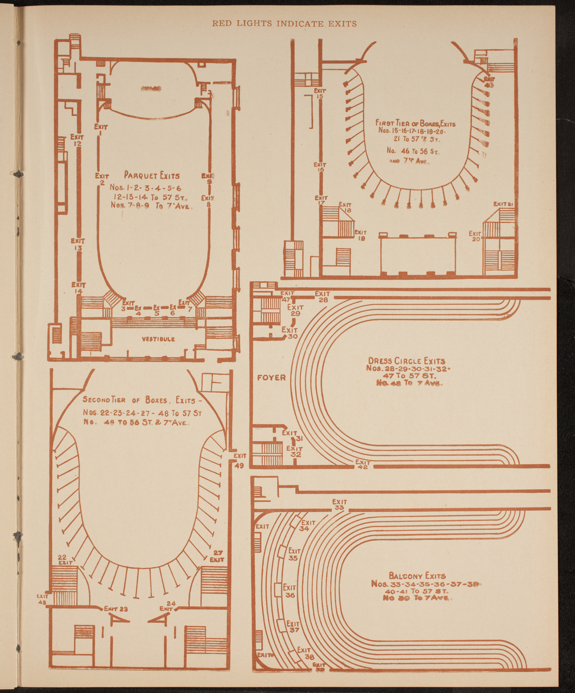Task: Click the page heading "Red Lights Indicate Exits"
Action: click(x=284, y=24)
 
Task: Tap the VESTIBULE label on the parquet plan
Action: click(x=158, y=339)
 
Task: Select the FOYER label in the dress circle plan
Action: click(x=272, y=377)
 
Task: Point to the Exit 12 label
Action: click(x=77, y=140)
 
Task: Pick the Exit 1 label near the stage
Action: click(x=101, y=129)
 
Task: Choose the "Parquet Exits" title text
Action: click(x=151, y=176)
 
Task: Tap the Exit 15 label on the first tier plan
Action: click(x=320, y=94)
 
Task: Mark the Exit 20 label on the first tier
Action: click(x=476, y=236)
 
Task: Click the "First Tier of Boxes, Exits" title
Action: click(x=415, y=123)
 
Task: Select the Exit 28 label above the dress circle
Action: click(x=322, y=297)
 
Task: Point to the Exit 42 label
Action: click(x=363, y=464)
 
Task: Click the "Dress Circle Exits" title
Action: click(x=406, y=361)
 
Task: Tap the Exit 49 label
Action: click(x=239, y=460)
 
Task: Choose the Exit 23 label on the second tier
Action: click(x=116, y=608)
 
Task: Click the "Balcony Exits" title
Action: click(x=417, y=576)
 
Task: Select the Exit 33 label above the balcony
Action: click(x=339, y=505)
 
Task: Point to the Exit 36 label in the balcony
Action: click(x=290, y=591)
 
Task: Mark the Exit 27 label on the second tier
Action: click(x=217, y=556)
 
